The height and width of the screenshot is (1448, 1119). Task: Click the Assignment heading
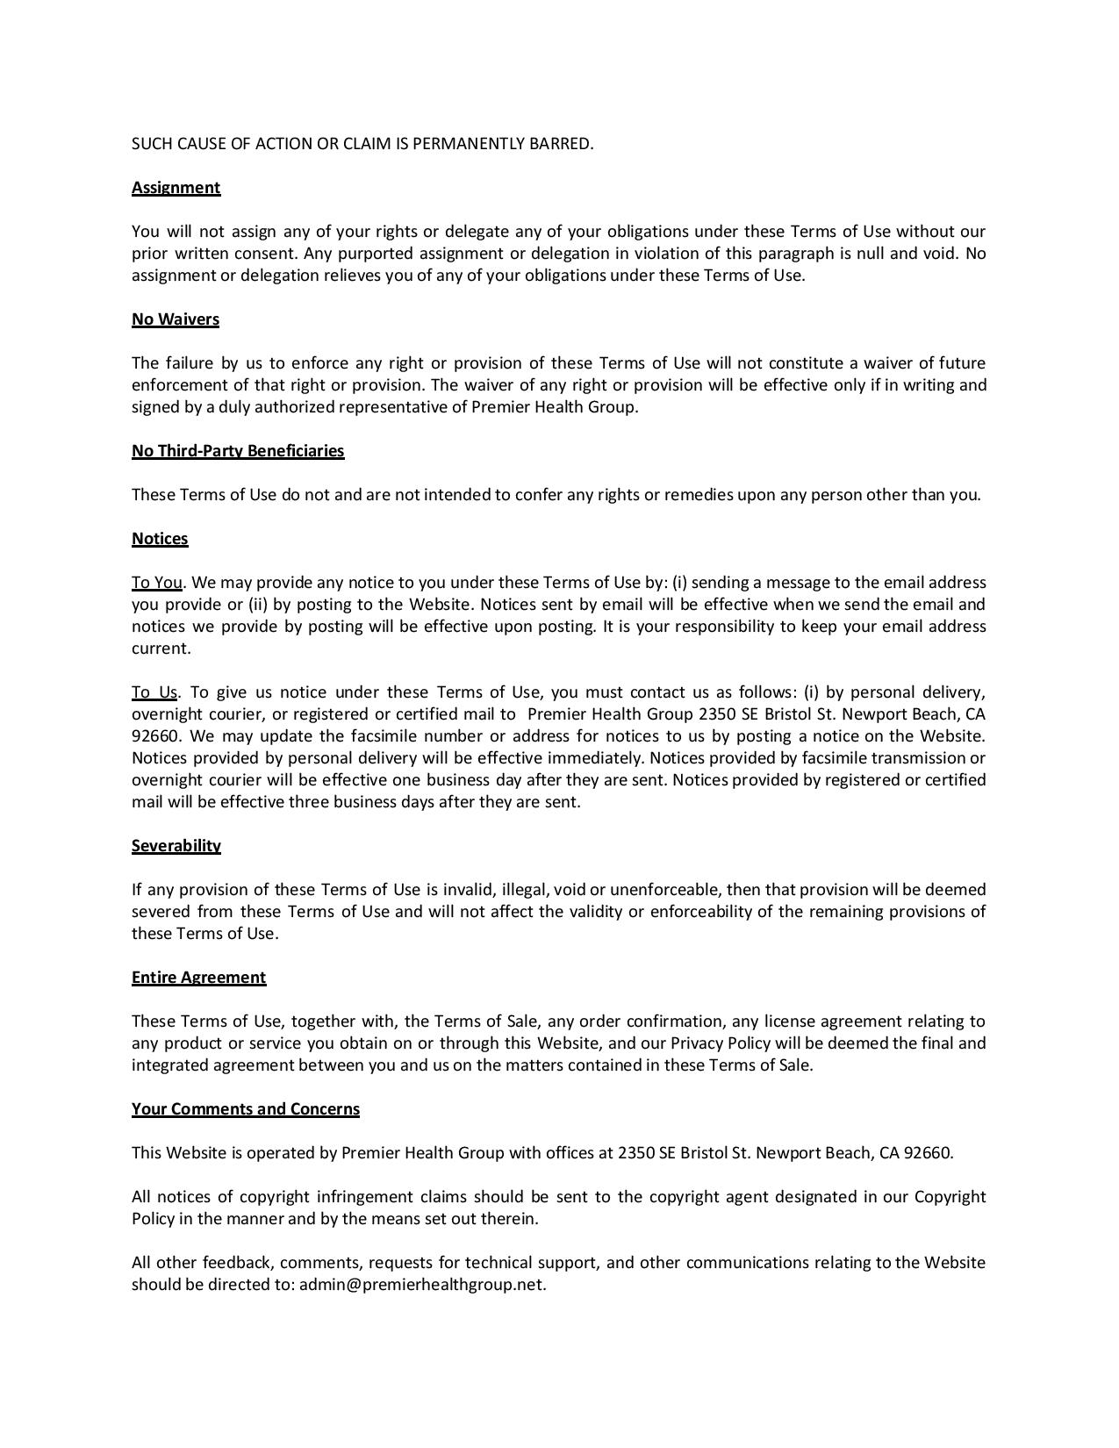[176, 188]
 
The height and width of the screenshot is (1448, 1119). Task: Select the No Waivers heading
[176, 319]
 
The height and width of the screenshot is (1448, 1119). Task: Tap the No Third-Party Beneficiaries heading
[238, 451]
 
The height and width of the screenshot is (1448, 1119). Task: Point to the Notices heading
[160, 539]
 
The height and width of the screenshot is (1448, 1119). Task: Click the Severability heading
[176, 846]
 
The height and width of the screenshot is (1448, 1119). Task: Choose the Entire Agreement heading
[198, 978]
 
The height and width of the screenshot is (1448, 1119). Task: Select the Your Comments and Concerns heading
[246, 1109]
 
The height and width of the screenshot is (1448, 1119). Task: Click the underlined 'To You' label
[157, 583]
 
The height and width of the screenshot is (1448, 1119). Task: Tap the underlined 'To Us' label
[154, 692]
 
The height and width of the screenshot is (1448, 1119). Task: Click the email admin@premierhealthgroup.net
[421, 1285]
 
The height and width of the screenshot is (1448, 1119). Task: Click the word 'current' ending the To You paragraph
[160, 649]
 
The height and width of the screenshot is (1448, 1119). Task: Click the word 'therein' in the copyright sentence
[511, 1219]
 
